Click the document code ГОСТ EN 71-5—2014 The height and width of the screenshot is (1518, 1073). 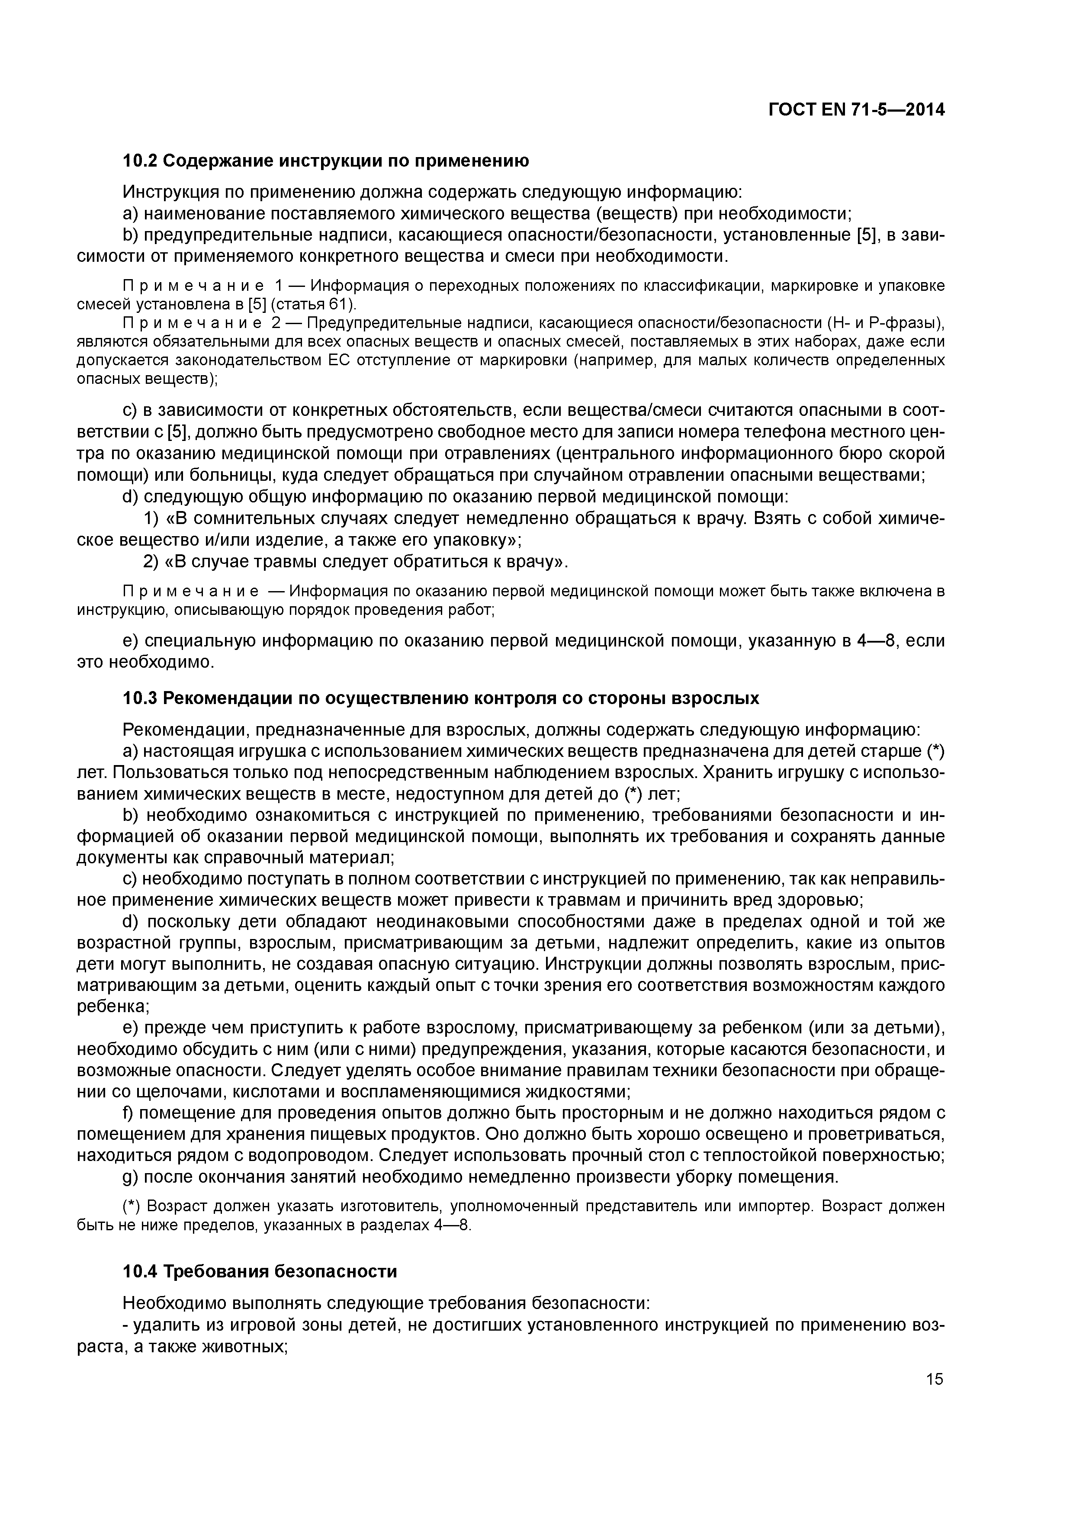856,110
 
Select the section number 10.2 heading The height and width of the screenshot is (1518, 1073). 140,161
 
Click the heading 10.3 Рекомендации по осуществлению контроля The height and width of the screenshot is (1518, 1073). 441,698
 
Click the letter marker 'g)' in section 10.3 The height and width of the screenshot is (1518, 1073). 131,1177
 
